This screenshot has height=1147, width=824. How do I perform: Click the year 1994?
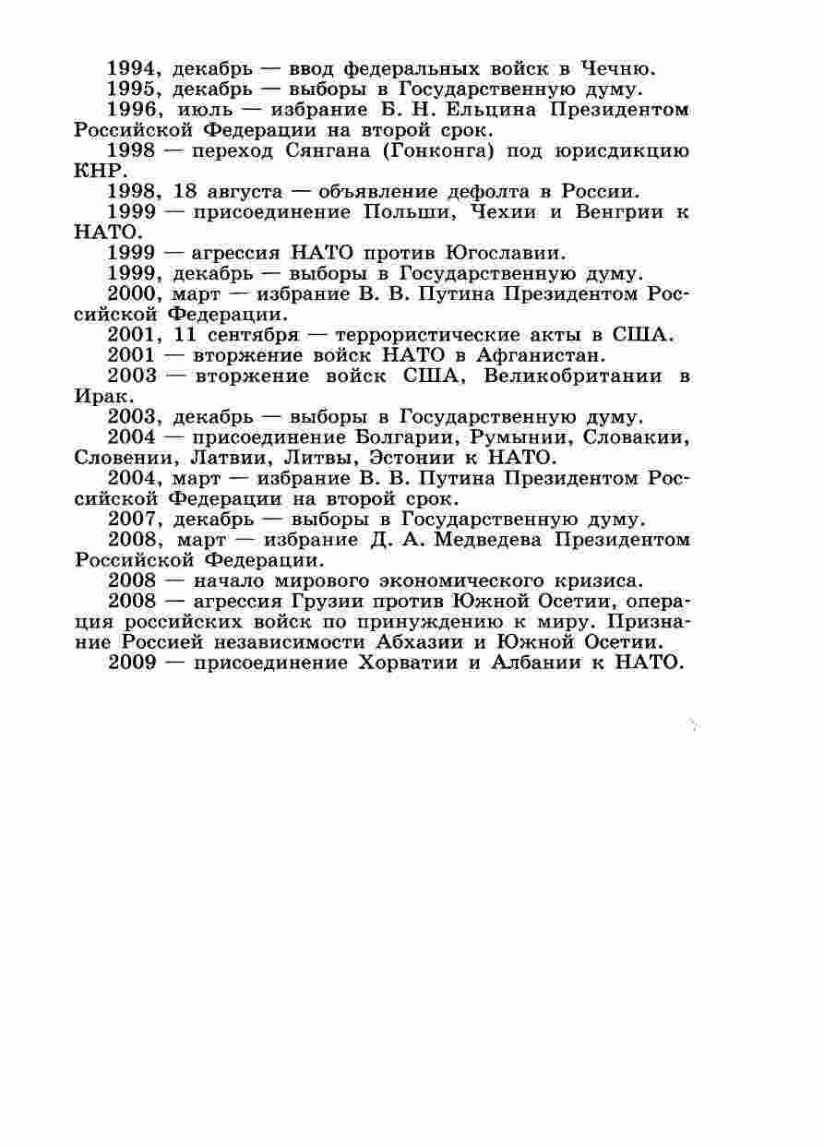pos(135,69)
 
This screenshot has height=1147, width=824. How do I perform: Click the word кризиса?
pos(591,580)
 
